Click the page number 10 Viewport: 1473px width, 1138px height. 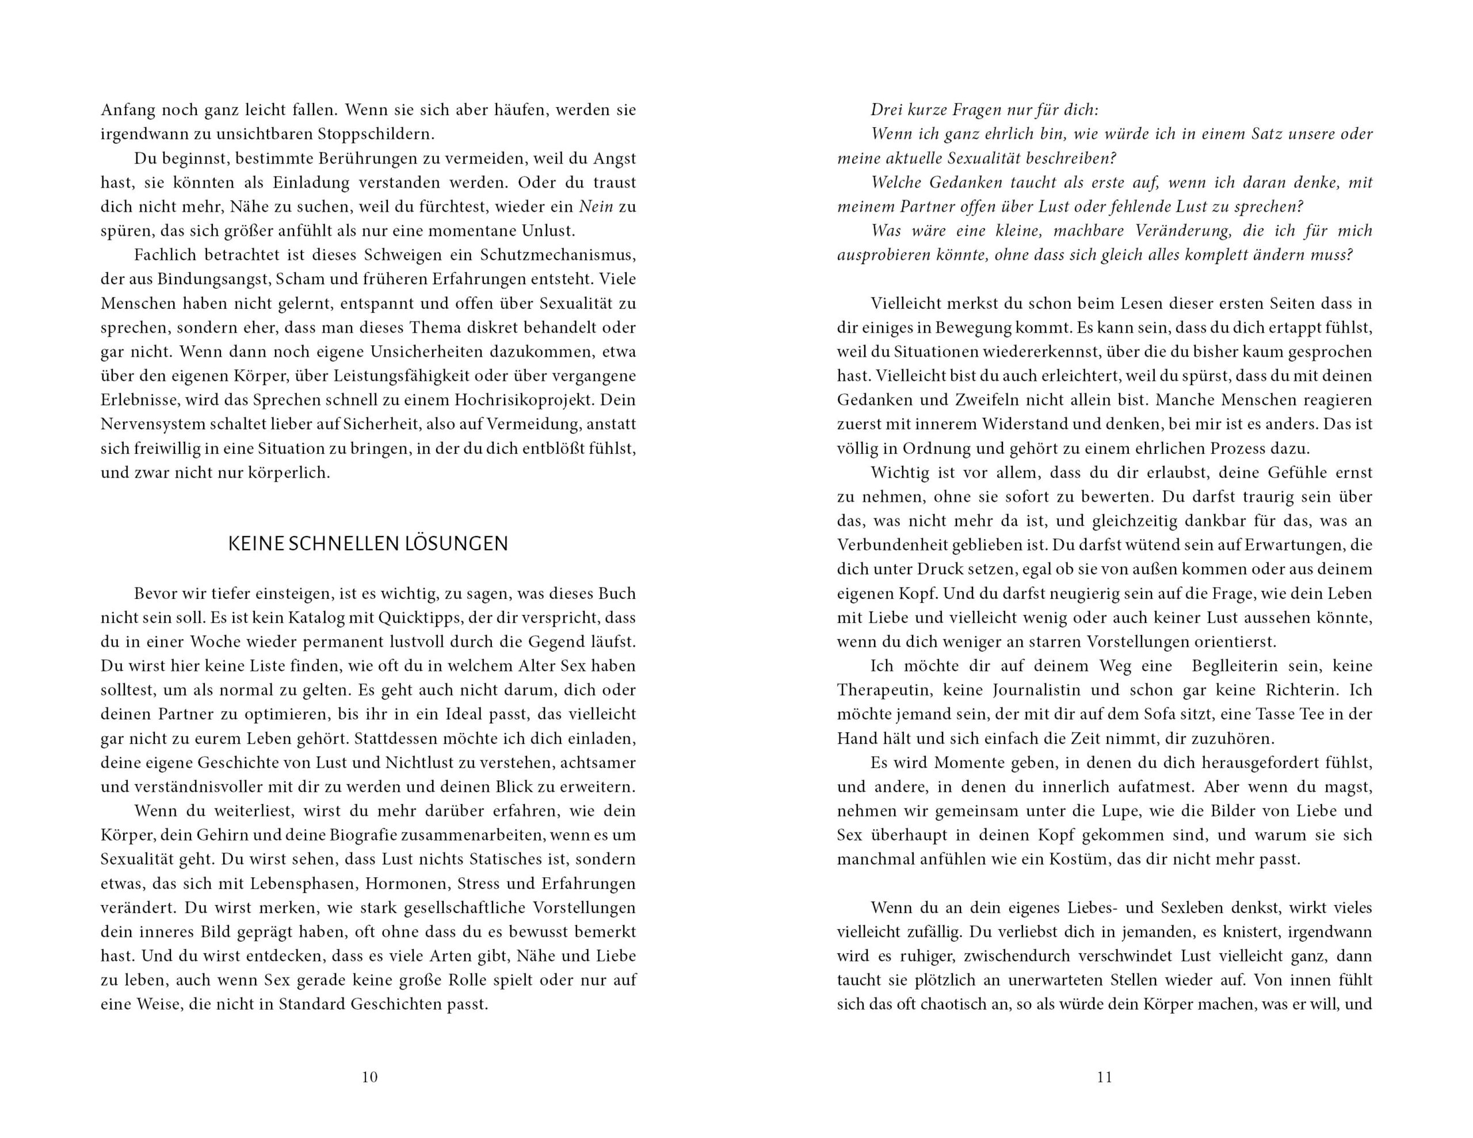369,1077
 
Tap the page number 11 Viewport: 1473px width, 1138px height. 1104,1077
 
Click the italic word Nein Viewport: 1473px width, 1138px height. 596,207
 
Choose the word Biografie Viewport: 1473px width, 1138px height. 363,835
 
